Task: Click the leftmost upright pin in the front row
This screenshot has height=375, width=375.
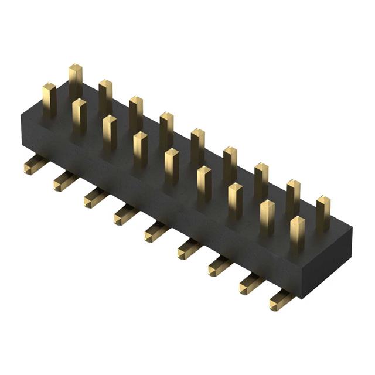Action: click(49, 100)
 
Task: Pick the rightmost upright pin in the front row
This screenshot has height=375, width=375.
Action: click(297, 233)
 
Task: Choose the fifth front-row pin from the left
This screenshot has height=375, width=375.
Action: click(171, 166)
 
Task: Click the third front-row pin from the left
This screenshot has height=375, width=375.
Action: click(110, 132)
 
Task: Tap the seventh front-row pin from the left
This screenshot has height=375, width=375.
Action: click(234, 200)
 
